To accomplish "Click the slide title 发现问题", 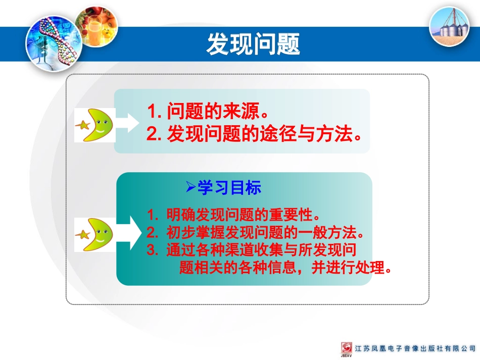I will pos(253,44).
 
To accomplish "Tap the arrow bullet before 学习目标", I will pos(190,188).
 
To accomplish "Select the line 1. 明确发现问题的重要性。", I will pos(234,216).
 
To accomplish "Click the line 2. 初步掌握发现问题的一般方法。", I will pos(256,233).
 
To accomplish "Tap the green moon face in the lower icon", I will pos(100,234).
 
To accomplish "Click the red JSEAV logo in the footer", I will pos(347,349).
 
